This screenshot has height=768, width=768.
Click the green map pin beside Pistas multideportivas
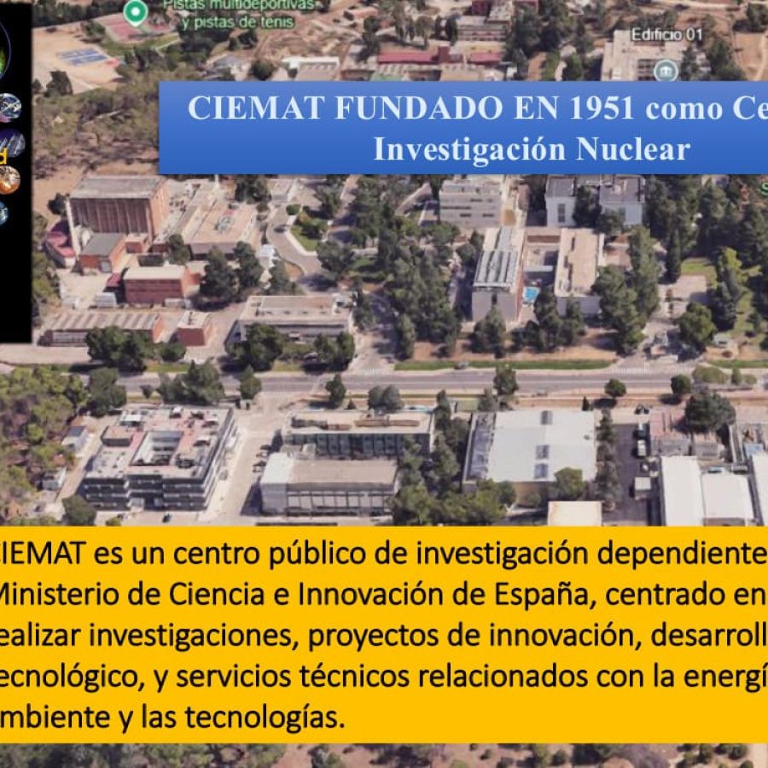pyautogui.click(x=135, y=12)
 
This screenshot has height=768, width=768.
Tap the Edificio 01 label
pyautogui.click(x=666, y=35)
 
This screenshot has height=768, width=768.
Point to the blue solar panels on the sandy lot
pyautogui.click(x=83, y=56)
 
